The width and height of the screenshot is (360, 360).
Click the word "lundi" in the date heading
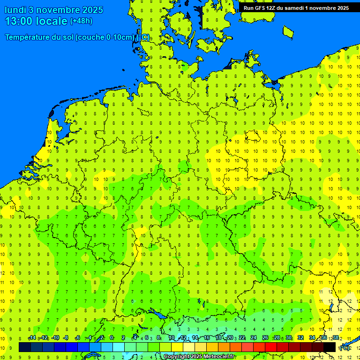coord(16,10)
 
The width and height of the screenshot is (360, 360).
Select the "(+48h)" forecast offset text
coord(81,21)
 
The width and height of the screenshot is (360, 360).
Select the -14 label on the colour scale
coord(32,338)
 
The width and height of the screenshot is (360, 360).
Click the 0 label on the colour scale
coord(112,338)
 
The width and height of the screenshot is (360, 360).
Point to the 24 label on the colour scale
coord(254,338)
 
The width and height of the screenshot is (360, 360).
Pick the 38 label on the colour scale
coord(336,338)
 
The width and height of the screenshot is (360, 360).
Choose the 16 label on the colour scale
coord(207,338)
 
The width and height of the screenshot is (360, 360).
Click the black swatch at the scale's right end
coord(330,347)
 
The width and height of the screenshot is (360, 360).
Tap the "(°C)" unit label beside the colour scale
coord(345,347)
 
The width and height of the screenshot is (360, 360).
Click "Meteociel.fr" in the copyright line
coord(219,357)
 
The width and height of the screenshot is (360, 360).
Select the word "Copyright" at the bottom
coord(176,357)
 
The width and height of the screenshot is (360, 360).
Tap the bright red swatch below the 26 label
coord(271,347)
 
